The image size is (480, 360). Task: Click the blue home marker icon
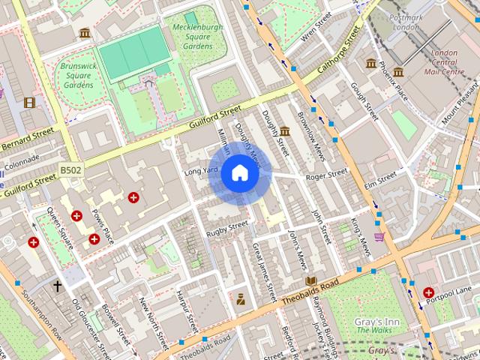click(239, 173)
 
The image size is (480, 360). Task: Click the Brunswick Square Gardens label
click(78, 75)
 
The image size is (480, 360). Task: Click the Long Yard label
click(200, 172)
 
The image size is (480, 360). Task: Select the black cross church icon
click(57, 286)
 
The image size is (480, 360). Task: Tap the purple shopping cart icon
click(379, 237)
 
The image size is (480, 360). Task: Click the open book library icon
click(310, 280)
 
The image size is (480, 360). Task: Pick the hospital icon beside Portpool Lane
click(428, 292)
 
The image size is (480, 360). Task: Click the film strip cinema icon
click(29, 103)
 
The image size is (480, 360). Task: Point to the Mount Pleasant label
click(460, 109)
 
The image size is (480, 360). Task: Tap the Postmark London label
click(406, 21)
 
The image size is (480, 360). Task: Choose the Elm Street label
click(380, 179)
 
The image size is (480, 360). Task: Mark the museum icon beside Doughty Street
click(285, 131)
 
